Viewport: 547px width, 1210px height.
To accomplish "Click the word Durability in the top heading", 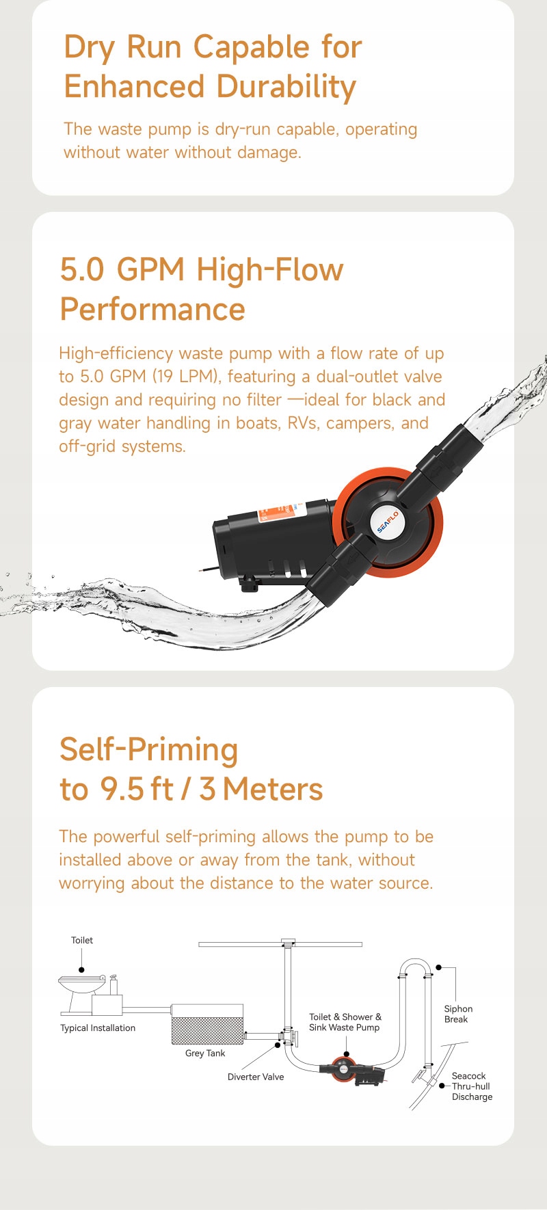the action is (286, 87).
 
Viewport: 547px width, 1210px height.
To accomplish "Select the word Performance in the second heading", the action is (152, 309).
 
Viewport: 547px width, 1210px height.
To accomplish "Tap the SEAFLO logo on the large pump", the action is (388, 522).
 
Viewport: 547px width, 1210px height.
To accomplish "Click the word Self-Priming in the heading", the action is (149, 750).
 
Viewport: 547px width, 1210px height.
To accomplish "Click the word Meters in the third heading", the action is (273, 789).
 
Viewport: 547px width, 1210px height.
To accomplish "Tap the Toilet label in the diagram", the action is (82, 940).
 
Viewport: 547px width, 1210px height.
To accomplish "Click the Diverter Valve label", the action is (256, 1077).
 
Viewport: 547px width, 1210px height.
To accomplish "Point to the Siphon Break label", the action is (458, 1014).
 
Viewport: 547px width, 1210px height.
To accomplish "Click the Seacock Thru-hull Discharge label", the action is (472, 1086).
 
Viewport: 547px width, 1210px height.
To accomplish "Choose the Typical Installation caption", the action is (98, 1028).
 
